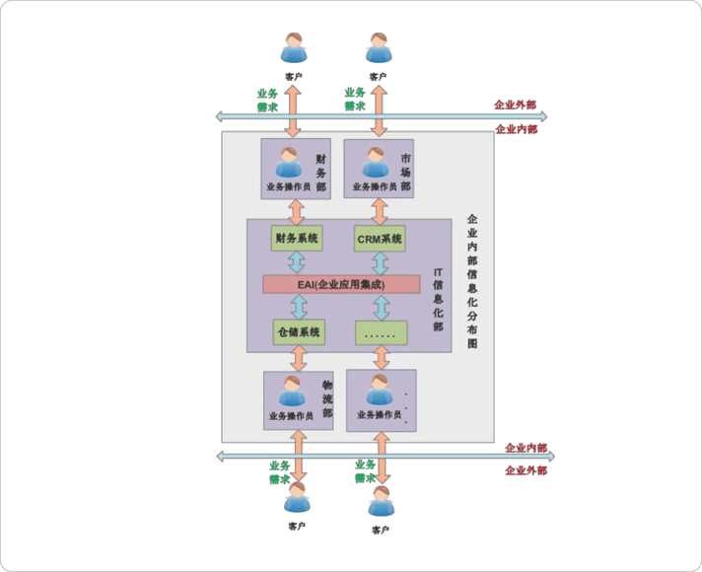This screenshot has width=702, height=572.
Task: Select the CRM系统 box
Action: tap(380, 238)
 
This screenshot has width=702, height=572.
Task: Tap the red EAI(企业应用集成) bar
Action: tap(335, 284)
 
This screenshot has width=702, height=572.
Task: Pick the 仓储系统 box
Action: tap(298, 332)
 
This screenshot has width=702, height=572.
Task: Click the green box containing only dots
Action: tap(380, 332)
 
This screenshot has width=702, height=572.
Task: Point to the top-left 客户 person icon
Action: tap(294, 49)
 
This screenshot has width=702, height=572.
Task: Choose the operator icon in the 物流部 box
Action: tap(291, 393)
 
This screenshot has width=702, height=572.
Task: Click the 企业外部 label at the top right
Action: tap(516, 105)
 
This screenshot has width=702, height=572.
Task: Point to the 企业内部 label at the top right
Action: tap(516, 128)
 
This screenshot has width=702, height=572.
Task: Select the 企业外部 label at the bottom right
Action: tap(526, 470)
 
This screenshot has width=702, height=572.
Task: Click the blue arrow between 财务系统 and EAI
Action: tap(295, 260)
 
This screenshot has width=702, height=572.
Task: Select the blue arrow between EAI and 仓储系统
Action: tap(295, 308)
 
